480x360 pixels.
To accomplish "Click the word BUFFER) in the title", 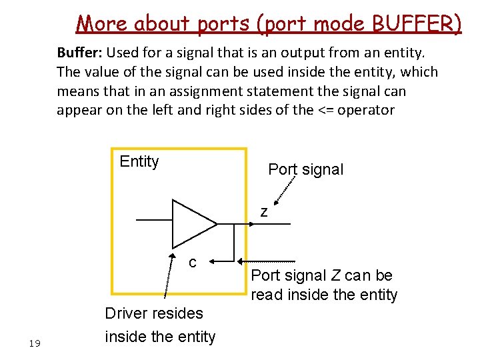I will (416, 24).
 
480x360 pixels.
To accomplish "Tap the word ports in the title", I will (224, 24).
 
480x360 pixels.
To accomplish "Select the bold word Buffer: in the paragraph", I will (79, 52).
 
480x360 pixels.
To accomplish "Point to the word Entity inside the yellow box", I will (139, 161).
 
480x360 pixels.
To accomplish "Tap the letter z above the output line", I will (264, 213).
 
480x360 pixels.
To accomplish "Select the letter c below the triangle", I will (192, 263).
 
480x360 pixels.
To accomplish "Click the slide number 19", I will (35, 343).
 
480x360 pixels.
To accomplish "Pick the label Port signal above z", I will (305, 169).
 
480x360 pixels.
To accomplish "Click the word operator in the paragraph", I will (367, 110).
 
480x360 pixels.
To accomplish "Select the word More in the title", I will (102, 24).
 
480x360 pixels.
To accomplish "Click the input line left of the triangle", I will (153, 220).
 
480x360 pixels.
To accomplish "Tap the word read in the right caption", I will (267, 295).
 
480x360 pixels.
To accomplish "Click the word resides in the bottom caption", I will (179, 313).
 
